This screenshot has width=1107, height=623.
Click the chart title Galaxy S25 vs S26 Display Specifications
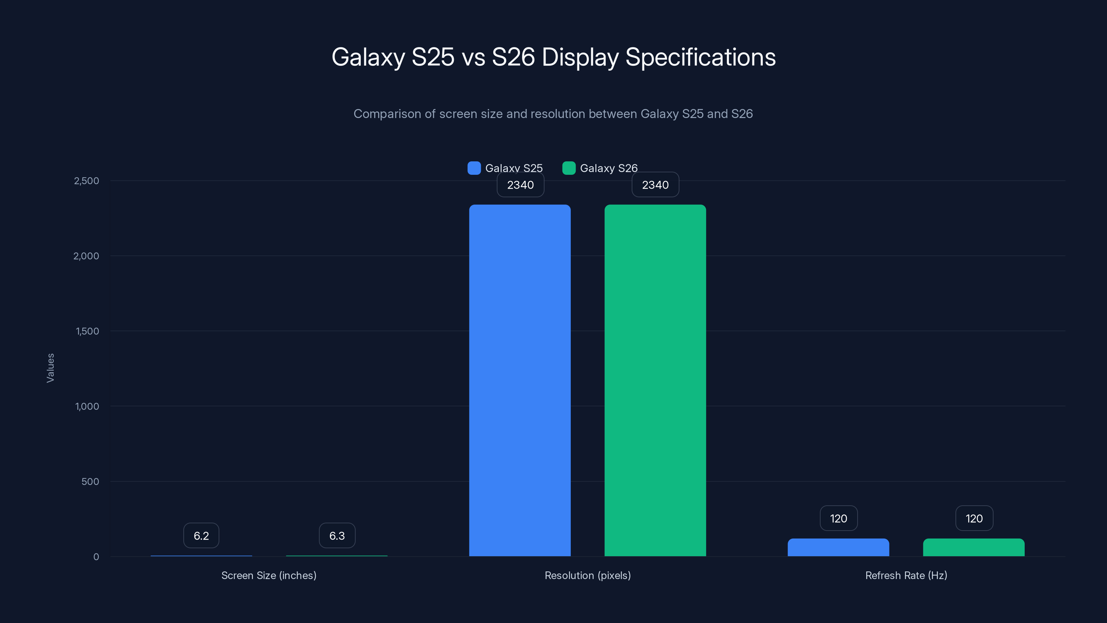553,57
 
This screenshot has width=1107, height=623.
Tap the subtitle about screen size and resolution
553,114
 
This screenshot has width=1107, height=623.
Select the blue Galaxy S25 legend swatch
474,168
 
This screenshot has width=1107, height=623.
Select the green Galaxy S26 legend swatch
568,168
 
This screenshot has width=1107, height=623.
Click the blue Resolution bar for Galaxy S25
520,380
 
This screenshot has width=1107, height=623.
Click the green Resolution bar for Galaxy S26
655,380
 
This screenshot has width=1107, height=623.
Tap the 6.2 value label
201,536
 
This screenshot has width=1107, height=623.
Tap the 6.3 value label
337,536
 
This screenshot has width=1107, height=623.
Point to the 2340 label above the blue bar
520,185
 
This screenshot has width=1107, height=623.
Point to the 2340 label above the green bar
655,185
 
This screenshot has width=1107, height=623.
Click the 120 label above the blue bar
839,518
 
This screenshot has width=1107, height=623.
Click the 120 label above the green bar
974,518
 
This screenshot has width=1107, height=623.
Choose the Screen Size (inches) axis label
268,575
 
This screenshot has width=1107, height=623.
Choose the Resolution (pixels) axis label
587,575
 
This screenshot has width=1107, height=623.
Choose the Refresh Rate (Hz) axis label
906,575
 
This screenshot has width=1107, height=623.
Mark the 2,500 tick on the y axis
86,181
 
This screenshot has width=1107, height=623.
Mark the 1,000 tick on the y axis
87,406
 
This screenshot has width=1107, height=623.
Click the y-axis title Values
50,368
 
